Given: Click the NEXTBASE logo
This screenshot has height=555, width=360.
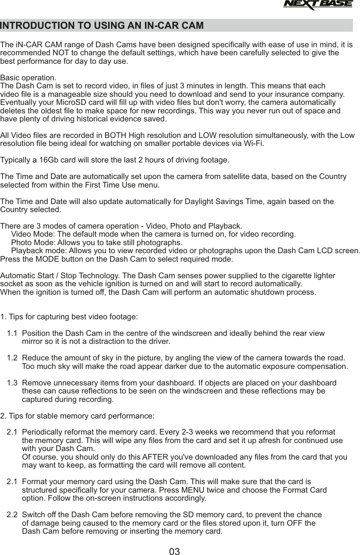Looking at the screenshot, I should (318, 5).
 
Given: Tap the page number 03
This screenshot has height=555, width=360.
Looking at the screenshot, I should (175, 551).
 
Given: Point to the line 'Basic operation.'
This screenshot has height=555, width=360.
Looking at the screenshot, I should (28, 77).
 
